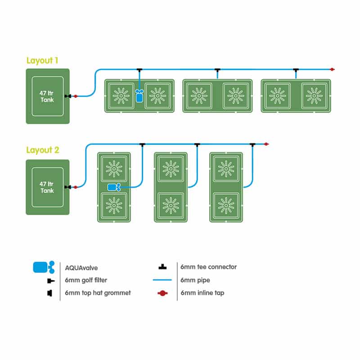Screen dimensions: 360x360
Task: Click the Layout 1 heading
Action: pyautogui.click(x=42, y=61)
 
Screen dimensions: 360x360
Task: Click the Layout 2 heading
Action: pyautogui.click(x=43, y=150)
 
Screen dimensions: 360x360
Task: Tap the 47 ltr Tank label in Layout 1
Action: pyautogui.click(x=47, y=96)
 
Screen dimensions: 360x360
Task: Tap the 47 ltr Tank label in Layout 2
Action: pyautogui.click(x=47, y=187)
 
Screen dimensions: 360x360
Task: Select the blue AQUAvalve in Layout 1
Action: pyautogui.click(x=139, y=96)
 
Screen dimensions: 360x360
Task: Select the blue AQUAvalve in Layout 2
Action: pyautogui.click(x=114, y=187)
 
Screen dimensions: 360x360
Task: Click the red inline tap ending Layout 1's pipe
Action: pyautogui.click(x=332, y=69)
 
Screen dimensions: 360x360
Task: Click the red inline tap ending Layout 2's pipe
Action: pyautogui.click(x=266, y=144)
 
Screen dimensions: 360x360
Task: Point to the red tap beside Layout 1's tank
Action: pyautogui.click(x=75, y=96)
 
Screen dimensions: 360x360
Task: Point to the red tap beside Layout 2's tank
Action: pyautogui.click(x=75, y=187)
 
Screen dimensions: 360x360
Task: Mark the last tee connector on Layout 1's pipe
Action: pyautogui.click(x=296, y=70)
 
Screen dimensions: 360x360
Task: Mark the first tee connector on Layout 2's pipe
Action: pyautogui.click(x=142, y=144)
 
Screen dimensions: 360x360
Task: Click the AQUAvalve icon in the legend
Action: pyautogui.click(x=44, y=267)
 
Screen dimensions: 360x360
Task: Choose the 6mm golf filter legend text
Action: pyautogui.click(x=86, y=280)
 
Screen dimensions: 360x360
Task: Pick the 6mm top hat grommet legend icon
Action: pyautogui.click(x=49, y=293)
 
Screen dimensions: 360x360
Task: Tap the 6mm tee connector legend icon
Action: pyautogui.click(x=162, y=267)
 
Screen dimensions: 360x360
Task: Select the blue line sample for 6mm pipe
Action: pyautogui.click(x=162, y=280)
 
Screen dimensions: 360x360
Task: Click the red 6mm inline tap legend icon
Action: pyautogui.click(x=162, y=293)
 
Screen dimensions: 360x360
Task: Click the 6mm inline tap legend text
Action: pyautogui.click(x=202, y=293)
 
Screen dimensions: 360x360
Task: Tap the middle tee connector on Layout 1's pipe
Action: pyautogui.click(x=217, y=70)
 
